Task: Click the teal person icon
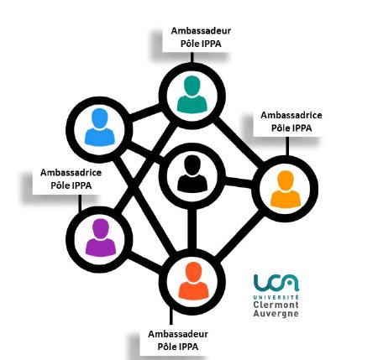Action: point(192,94)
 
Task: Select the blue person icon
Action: point(100,127)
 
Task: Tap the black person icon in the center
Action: point(192,174)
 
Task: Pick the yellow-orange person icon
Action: point(286,190)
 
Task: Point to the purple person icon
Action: point(100,237)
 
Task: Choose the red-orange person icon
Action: point(193,280)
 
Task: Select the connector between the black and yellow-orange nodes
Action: point(239,182)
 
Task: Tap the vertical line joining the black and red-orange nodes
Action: point(192,229)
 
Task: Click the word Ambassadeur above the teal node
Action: point(201,31)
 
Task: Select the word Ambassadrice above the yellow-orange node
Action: point(291,115)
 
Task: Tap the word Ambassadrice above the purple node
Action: point(71,173)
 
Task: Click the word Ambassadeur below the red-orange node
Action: point(178,334)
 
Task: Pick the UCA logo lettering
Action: point(276,283)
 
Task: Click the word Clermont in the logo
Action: point(276,305)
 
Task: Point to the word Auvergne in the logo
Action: point(276,313)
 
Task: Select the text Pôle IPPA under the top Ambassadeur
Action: point(201,44)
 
